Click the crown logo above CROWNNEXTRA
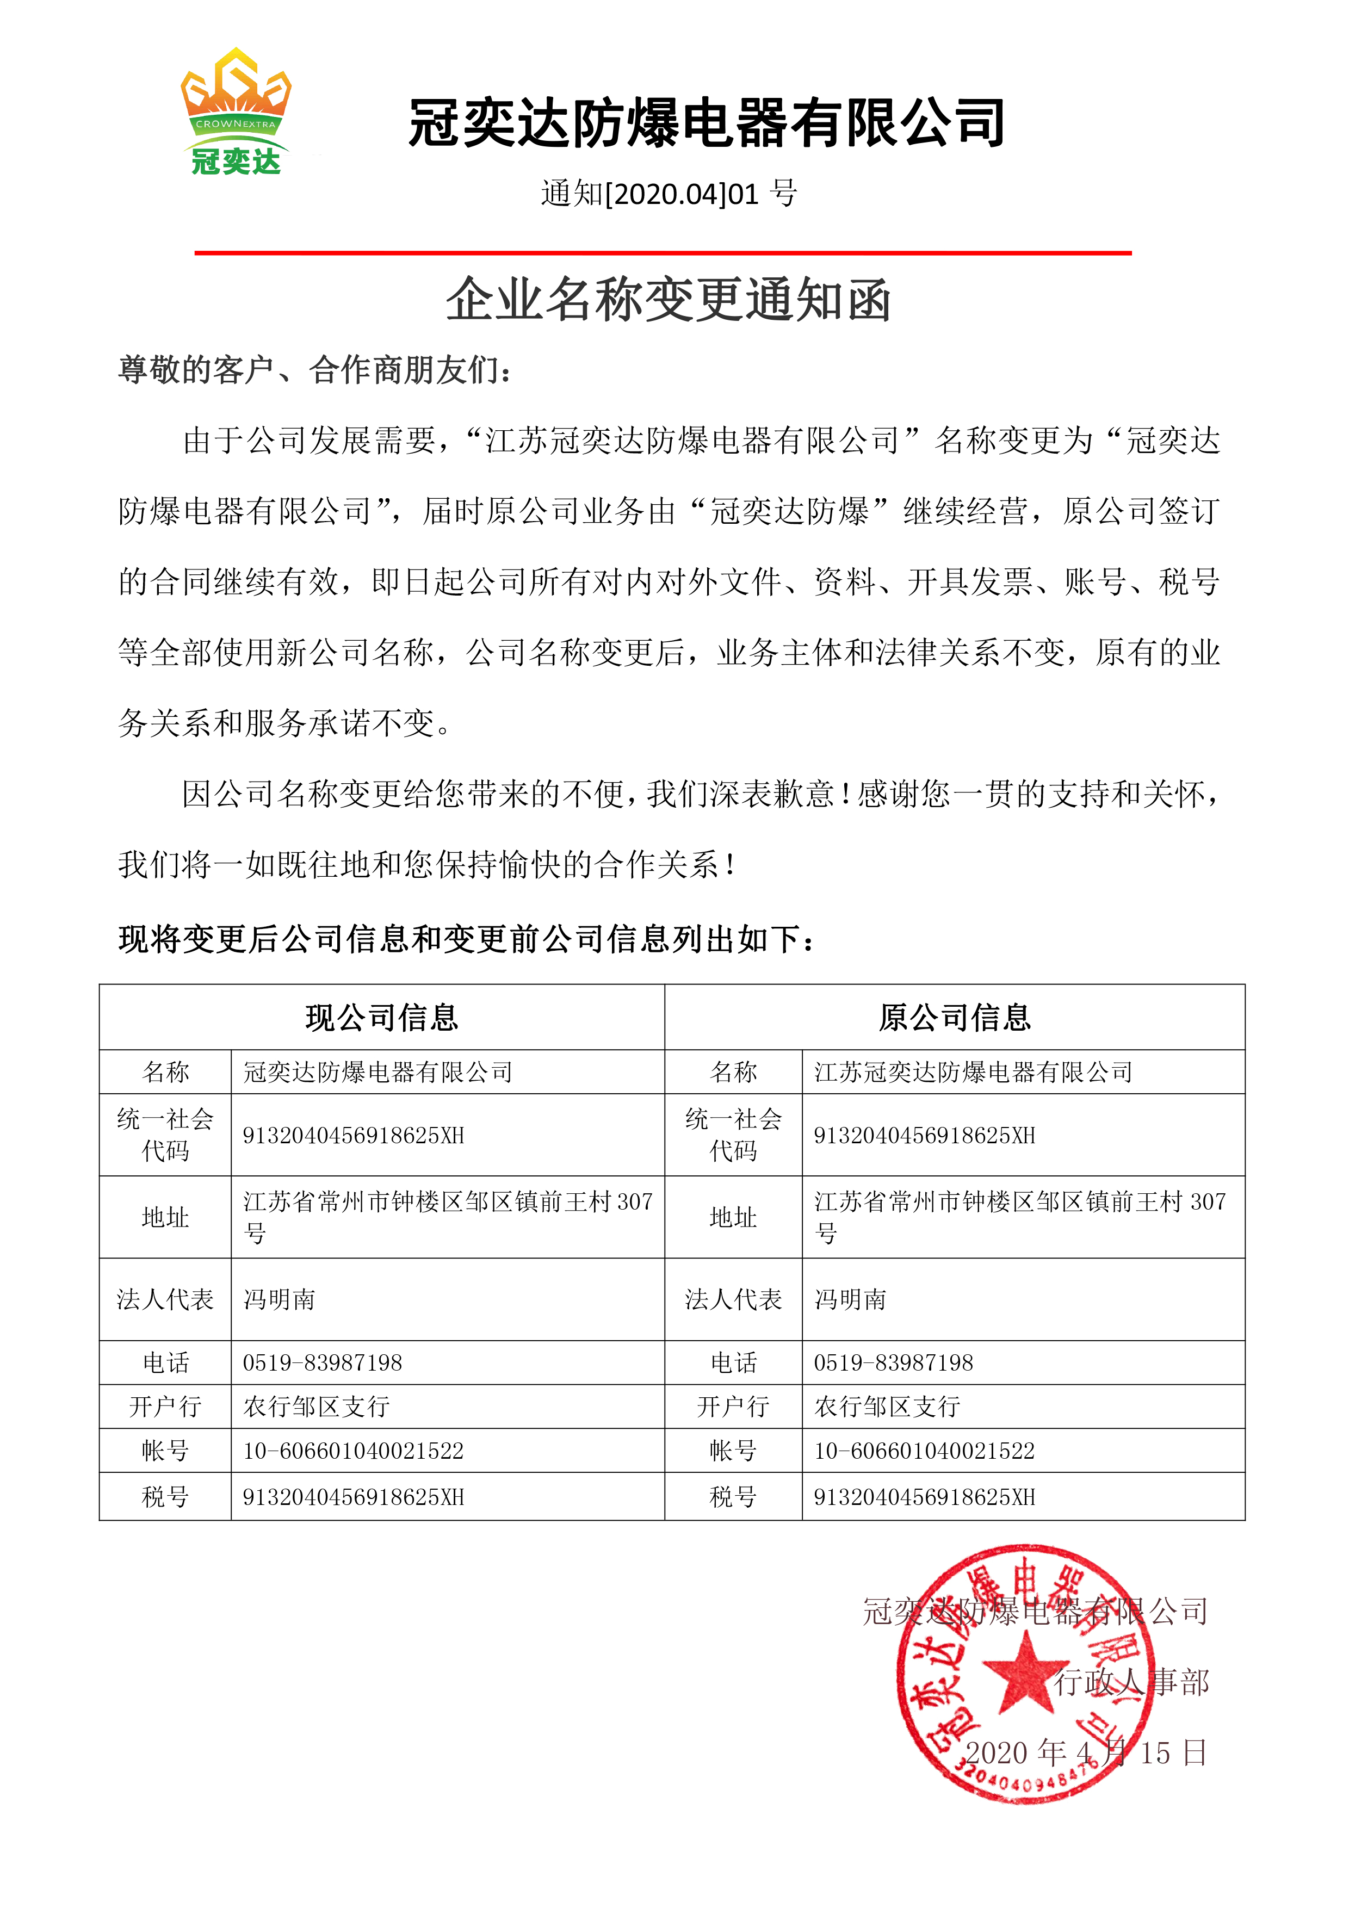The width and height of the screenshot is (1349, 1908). click(x=236, y=83)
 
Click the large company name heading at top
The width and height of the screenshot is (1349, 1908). click(x=707, y=123)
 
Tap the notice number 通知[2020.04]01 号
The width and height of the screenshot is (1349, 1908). click(x=669, y=194)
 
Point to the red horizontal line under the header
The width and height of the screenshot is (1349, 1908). click(x=663, y=252)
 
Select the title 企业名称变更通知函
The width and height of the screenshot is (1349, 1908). click(x=669, y=300)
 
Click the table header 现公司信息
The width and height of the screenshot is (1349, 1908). click(x=381, y=1017)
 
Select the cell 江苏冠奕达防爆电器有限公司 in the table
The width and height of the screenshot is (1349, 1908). click(x=973, y=1072)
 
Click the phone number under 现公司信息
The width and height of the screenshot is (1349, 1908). click(x=323, y=1363)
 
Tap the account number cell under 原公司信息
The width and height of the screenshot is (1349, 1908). click(x=924, y=1451)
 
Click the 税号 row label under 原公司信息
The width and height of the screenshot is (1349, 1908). click(x=733, y=1497)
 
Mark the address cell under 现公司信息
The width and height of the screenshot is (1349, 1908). click(x=447, y=1217)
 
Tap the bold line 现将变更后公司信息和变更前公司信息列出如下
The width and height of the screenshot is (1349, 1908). click(x=466, y=940)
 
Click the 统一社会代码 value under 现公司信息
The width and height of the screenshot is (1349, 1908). click(x=353, y=1135)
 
